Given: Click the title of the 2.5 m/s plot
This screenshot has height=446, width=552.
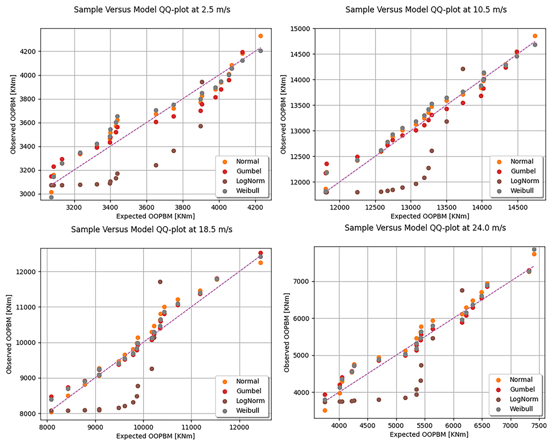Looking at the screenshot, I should (152, 10).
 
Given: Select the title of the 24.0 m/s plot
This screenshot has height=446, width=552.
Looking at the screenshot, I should (425, 228).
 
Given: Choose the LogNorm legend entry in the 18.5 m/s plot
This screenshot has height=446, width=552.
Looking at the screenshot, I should (250, 401).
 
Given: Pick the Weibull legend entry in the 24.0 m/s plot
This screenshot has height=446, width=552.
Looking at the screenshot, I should (521, 409).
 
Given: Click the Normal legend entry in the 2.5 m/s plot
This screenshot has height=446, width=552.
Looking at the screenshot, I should (247, 161).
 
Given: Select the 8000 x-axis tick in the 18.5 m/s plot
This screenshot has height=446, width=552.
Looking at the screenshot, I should (47, 427).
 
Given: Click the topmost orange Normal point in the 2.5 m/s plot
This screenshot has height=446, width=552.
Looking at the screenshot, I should (261, 36).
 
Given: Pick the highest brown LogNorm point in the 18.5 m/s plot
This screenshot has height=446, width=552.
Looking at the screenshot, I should (160, 282).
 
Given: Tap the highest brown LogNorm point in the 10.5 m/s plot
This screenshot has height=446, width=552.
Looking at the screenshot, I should (463, 69).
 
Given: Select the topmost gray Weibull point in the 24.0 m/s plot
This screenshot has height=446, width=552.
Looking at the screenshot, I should (534, 250).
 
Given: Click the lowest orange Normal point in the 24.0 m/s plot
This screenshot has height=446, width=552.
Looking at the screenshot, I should (325, 410).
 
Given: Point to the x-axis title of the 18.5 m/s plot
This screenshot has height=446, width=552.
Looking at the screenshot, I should (156, 436).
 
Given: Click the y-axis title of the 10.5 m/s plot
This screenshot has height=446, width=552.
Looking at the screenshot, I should (283, 114).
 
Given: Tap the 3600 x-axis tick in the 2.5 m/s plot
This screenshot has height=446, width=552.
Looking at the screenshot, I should (146, 208).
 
